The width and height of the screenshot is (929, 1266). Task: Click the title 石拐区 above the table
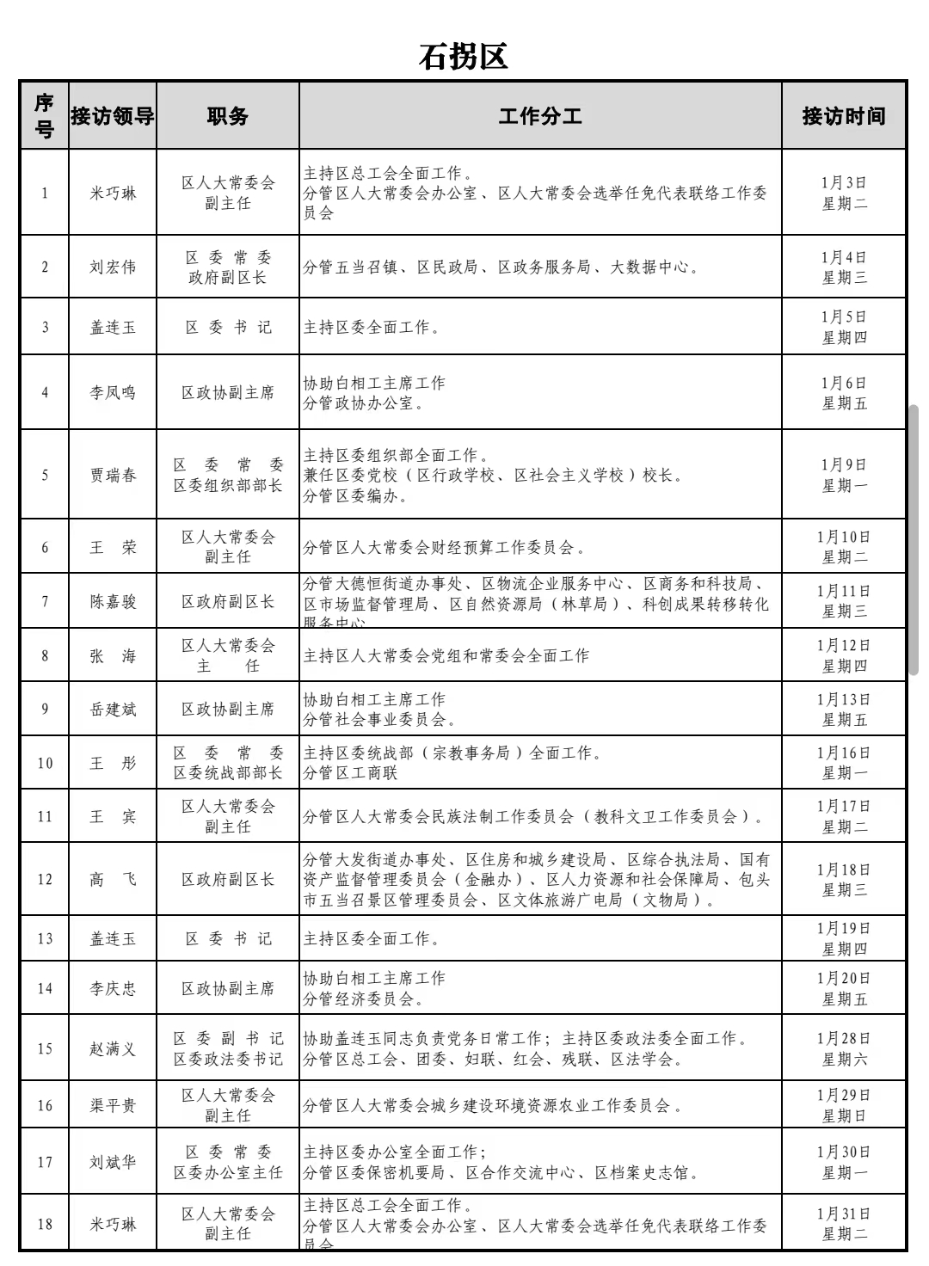(464, 56)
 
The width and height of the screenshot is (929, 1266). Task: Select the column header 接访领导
(113, 116)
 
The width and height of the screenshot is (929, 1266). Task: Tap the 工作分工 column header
(540, 116)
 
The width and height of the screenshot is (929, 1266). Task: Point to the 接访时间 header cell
(843, 116)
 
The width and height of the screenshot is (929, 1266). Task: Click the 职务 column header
(228, 116)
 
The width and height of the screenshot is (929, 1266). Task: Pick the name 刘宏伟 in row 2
(113, 267)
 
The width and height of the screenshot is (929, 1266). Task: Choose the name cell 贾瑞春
(113, 475)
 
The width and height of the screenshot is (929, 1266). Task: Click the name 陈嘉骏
(113, 601)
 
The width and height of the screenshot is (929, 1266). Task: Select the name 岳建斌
(113, 710)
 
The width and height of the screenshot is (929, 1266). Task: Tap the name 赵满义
(113, 1048)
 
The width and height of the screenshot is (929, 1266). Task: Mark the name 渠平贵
(113, 1105)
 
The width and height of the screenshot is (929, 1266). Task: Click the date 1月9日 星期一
(843, 475)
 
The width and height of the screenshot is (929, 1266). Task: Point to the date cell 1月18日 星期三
(843, 879)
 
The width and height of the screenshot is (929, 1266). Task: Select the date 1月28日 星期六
(843, 1048)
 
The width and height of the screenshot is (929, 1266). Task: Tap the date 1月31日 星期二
(843, 1223)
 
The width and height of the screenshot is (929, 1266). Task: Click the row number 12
(45, 879)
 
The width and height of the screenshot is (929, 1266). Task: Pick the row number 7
(45, 601)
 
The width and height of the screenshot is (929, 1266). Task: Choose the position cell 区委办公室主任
(228, 1172)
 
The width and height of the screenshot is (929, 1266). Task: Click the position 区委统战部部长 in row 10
(228, 773)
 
